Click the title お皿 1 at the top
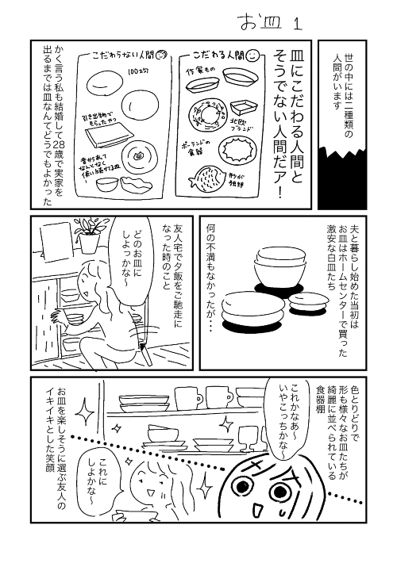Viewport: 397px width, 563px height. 267,22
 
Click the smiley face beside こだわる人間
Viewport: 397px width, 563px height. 250,56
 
